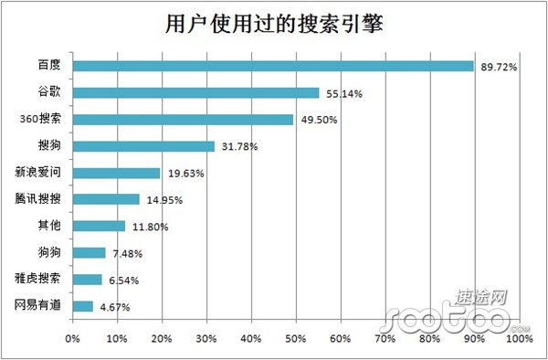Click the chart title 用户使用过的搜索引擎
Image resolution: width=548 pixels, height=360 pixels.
tap(273, 25)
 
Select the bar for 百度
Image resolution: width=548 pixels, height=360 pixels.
tap(273, 66)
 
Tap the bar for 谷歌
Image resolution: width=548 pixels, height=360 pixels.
tap(195, 92)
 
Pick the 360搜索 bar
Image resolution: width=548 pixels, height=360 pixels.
tap(183, 119)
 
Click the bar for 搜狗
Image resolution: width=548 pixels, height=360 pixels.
tap(143, 145)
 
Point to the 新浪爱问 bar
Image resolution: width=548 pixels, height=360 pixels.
tap(116, 173)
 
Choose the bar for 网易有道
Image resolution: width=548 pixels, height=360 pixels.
tap(83, 306)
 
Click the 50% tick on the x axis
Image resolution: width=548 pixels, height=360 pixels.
tap(296, 339)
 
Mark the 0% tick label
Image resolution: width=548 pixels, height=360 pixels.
tap(73, 339)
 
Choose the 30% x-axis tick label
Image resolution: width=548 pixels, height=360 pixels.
tap(206, 339)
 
